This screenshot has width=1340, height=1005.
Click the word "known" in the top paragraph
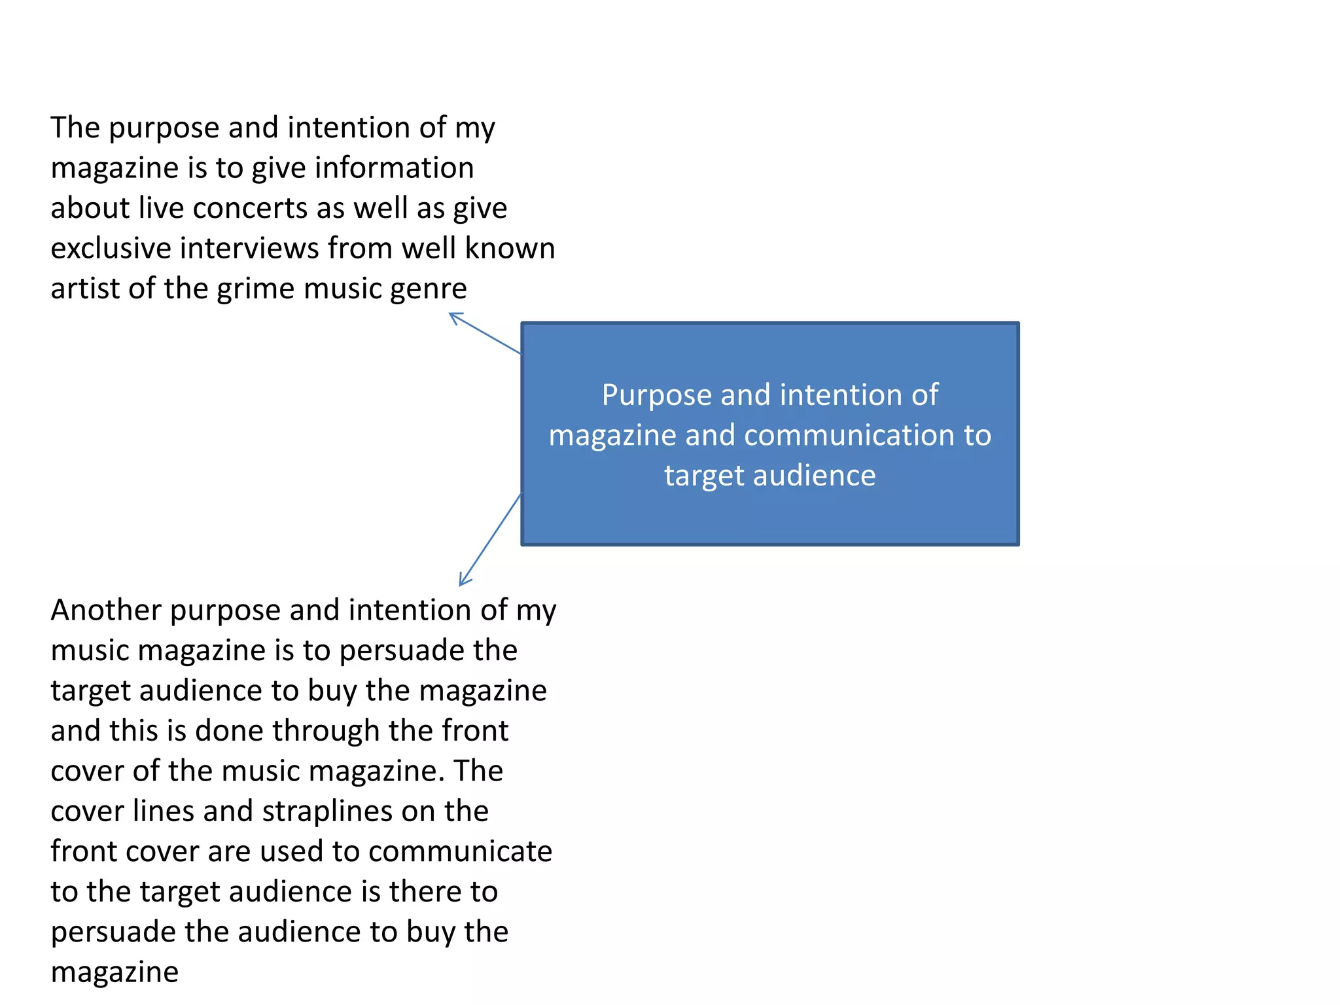click(x=510, y=249)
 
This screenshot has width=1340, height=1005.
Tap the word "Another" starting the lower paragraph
click(x=106, y=610)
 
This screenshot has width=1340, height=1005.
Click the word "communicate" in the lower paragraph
click(x=460, y=852)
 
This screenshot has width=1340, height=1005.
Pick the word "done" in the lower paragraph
click(x=229, y=731)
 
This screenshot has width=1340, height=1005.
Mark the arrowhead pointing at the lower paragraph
click(x=462, y=582)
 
